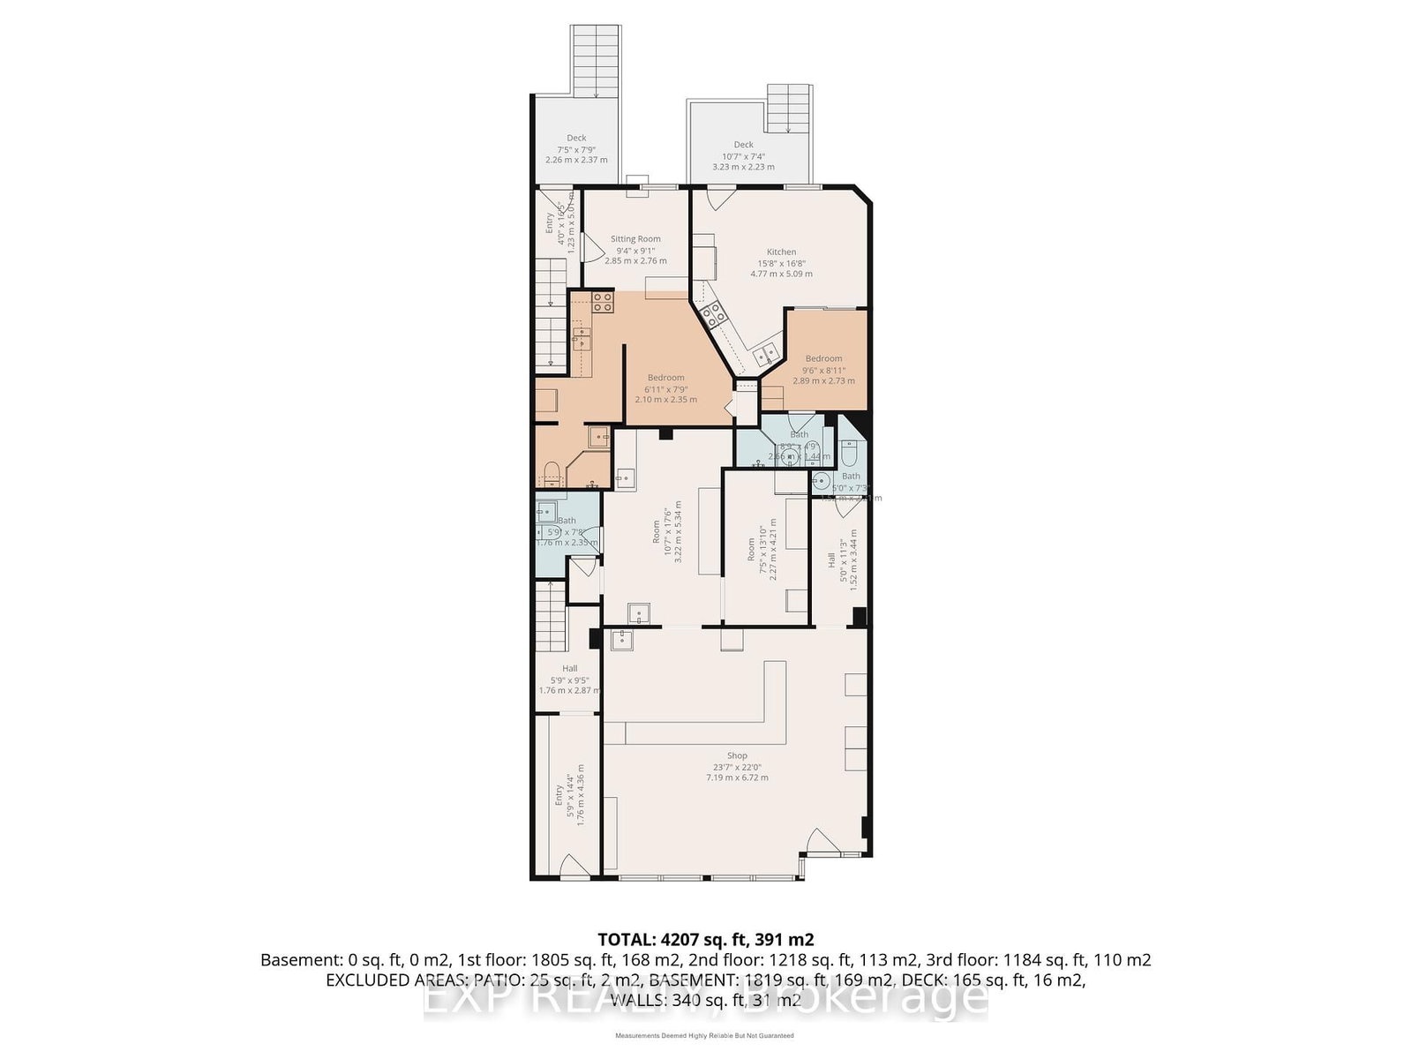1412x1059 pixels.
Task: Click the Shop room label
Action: point(737,755)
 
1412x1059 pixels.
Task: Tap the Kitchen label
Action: point(781,252)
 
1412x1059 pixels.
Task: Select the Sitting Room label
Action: point(635,239)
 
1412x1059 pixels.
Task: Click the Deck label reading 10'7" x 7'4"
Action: point(743,145)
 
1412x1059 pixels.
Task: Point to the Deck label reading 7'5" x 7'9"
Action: point(576,139)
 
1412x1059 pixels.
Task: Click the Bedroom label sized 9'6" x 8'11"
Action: point(822,358)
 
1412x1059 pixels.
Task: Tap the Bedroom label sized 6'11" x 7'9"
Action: point(665,378)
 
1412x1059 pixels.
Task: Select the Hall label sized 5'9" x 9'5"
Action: point(569,669)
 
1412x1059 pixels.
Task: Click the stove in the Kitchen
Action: point(712,312)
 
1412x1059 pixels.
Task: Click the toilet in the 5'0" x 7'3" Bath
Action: point(850,454)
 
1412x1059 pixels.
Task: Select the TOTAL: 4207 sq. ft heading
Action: point(705,939)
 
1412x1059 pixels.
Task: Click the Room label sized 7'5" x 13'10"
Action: point(752,549)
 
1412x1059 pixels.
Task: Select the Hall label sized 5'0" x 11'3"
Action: point(831,565)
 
